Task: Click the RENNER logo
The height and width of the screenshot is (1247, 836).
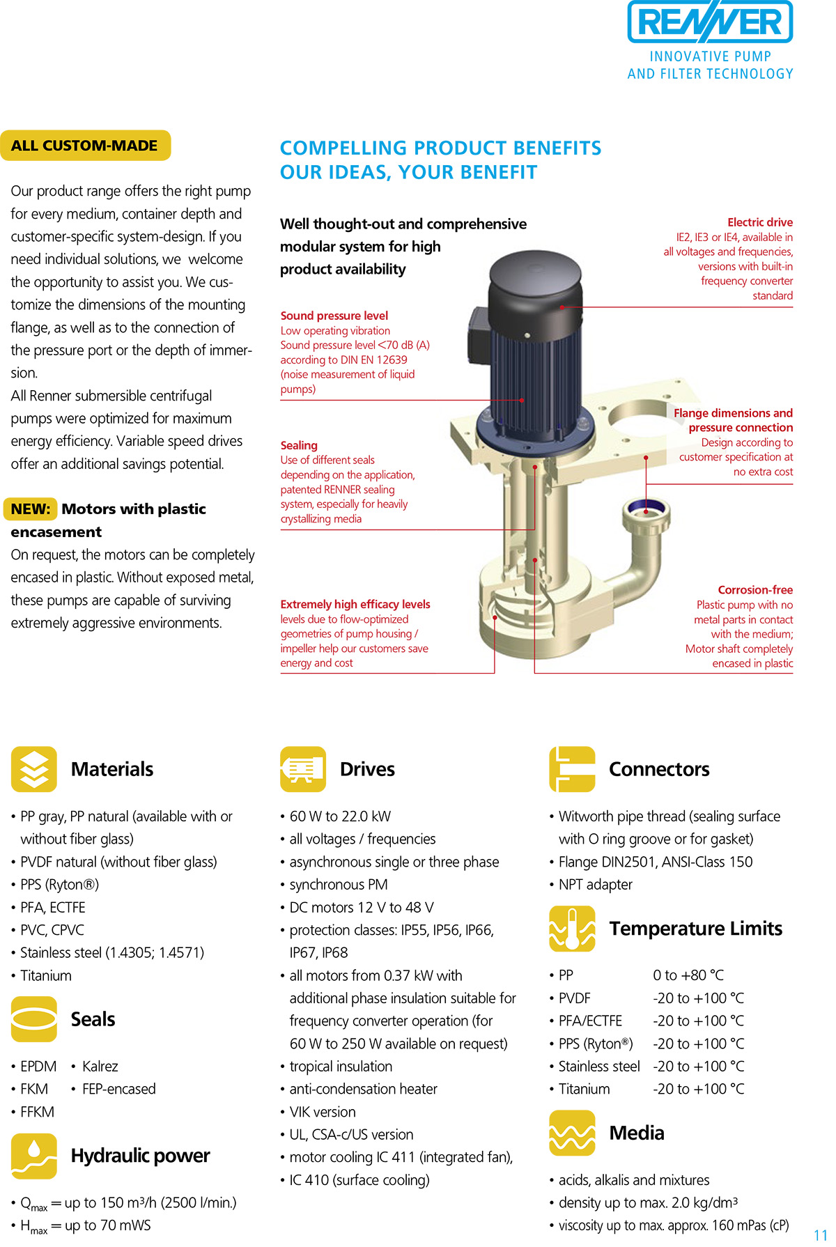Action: point(710,22)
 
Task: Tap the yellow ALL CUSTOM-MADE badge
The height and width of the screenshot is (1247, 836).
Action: point(85,146)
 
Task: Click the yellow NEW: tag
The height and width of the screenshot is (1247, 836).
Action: point(31,509)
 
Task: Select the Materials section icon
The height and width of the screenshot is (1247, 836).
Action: point(34,769)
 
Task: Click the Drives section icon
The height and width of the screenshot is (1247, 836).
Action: point(303,769)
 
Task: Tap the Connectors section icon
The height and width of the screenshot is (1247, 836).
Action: point(572,769)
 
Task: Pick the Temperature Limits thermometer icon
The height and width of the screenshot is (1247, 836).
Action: point(572,929)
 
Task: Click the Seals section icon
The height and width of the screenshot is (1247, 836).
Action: point(34,1019)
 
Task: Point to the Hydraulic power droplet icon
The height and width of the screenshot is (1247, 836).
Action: point(34,1156)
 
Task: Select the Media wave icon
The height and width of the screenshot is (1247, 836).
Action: point(572,1133)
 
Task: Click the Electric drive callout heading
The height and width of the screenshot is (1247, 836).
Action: point(760,222)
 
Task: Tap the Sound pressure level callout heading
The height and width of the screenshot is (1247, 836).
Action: point(334,316)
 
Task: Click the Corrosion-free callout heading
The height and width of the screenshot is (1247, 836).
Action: point(755,590)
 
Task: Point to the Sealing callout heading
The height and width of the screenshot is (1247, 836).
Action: point(299,445)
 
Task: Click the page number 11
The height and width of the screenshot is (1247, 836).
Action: point(821,1234)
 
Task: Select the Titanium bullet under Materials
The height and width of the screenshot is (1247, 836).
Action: point(46,975)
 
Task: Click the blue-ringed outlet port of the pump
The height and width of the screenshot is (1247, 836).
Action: point(646,512)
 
